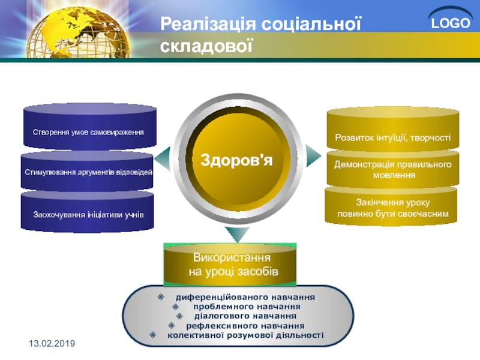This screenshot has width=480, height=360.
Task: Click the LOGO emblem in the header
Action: (451, 20)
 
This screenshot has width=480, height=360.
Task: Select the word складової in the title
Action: (206, 46)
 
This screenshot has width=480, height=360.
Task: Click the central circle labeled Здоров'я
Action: (236, 160)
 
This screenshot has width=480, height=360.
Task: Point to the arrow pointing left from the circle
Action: (162, 158)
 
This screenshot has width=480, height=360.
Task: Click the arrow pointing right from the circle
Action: (313, 156)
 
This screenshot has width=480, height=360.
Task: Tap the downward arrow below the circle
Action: (237, 234)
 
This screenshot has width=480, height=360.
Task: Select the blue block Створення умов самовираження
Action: (89, 127)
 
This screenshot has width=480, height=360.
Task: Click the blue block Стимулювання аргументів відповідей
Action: (87, 172)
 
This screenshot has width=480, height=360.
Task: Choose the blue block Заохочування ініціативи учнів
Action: (87, 211)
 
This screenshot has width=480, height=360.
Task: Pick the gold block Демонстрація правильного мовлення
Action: (393, 169)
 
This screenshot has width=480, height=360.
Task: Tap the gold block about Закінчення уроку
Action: (391, 206)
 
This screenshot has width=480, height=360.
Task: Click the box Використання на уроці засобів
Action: (230, 265)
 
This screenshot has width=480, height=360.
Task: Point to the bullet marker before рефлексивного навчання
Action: (172, 325)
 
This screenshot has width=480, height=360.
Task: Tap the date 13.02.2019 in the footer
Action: (52, 343)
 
